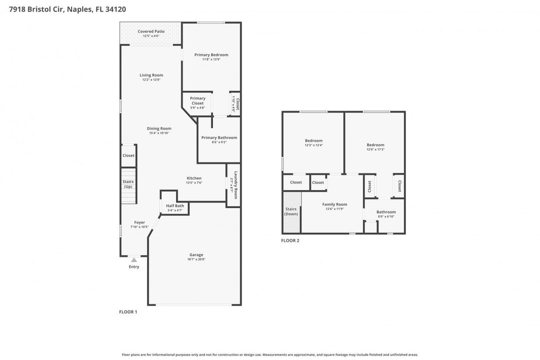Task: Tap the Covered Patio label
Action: (x=151, y=31)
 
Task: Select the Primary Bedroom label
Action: (x=211, y=55)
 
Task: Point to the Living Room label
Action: (x=151, y=75)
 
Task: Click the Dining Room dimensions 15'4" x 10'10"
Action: (x=159, y=133)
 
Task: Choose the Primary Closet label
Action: (x=197, y=100)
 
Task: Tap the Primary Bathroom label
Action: (x=219, y=137)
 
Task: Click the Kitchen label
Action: (x=194, y=178)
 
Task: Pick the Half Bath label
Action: (x=175, y=205)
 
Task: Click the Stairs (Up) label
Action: (x=128, y=184)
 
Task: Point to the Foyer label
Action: (x=139, y=222)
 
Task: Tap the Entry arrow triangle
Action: (x=134, y=260)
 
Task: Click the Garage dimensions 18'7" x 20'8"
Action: (x=196, y=259)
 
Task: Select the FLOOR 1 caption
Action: (x=128, y=312)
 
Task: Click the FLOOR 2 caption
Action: (x=290, y=240)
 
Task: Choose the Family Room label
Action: (x=334, y=204)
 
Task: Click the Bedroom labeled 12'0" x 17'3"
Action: (x=375, y=145)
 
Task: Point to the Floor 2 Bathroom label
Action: (x=386, y=212)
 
